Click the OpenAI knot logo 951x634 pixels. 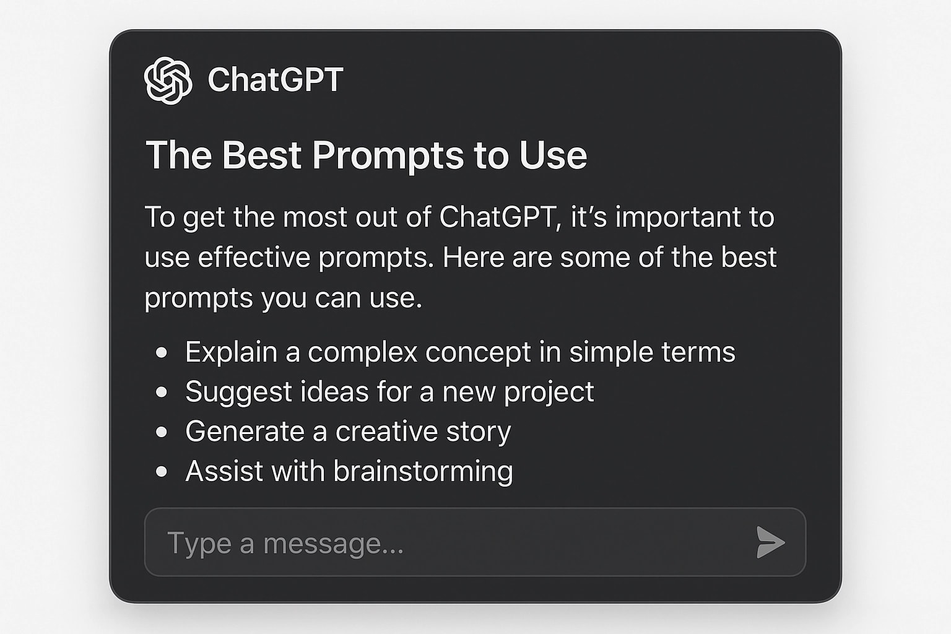point(168,80)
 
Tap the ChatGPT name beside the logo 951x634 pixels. point(275,80)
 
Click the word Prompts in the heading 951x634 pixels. point(388,155)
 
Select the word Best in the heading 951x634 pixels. point(261,155)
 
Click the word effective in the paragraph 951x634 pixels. point(254,258)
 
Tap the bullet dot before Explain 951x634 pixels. point(162,352)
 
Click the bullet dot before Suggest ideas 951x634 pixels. point(162,392)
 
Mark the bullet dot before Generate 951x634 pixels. point(162,432)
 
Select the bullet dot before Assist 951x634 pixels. point(162,471)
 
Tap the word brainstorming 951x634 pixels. point(423,472)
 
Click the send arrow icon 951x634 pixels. point(770,542)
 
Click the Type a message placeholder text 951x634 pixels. point(285,543)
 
